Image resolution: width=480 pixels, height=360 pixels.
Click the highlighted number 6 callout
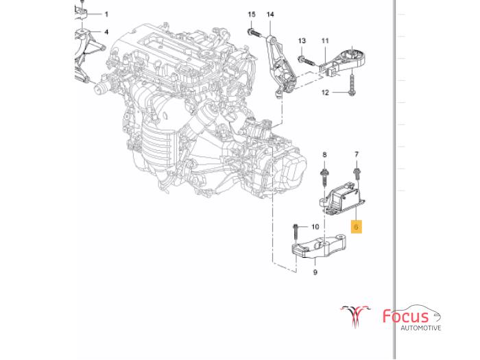pyautogui.click(x=357, y=226)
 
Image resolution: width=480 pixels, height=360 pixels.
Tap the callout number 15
pyautogui.click(x=252, y=14)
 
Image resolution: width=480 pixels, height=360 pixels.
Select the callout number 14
pyautogui.click(x=269, y=14)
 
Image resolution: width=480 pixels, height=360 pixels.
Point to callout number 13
pyautogui.click(x=302, y=41)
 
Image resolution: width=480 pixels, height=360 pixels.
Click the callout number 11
pyautogui.click(x=324, y=41)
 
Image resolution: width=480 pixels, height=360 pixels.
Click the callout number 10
pyautogui.click(x=315, y=226)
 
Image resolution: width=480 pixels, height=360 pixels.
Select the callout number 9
pyautogui.click(x=315, y=272)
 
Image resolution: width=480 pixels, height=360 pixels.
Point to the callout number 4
pyautogui.click(x=106, y=32)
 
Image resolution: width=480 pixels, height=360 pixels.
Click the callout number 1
pyautogui.click(x=106, y=14)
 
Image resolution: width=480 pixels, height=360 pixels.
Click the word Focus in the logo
pyautogui.click(x=406, y=317)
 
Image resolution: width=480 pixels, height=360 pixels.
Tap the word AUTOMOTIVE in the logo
pyautogui.click(x=421, y=328)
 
